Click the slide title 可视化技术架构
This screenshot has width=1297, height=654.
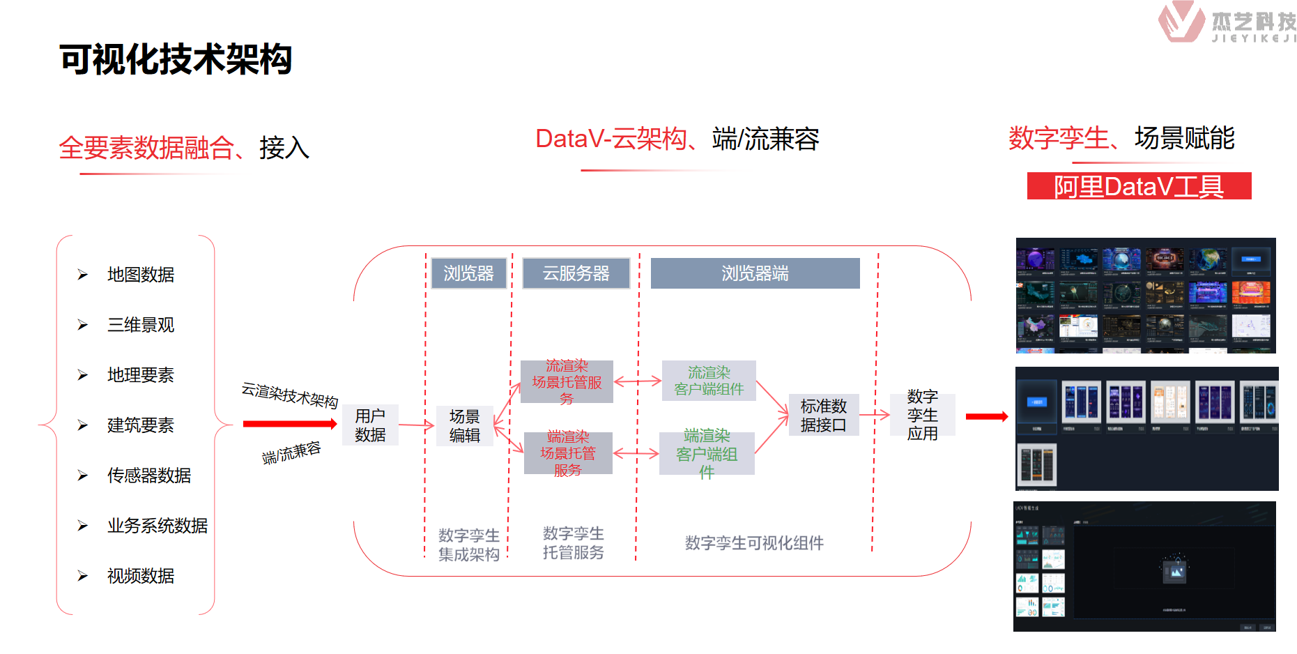[x=176, y=59]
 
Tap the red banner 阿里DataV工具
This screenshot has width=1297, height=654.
[x=1139, y=186]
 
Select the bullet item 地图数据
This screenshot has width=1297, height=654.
[x=140, y=275]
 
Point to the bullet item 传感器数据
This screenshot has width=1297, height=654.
[x=148, y=476]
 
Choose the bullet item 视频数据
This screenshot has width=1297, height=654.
[x=140, y=576]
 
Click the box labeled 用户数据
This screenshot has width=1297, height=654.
[x=370, y=425]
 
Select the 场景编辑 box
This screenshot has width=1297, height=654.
[x=465, y=425]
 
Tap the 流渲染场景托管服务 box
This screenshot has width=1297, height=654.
[x=567, y=381]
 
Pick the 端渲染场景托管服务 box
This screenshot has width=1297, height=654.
[x=568, y=453]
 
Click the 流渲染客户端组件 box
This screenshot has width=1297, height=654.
[x=709, y=381]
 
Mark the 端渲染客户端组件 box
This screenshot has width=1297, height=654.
[x=707, y=453]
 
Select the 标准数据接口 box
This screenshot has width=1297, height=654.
[x=823, y=415]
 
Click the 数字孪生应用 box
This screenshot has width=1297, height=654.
[x=922, y=415]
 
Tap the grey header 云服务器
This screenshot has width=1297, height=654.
[x=576, y=273]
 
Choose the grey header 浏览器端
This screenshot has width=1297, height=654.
[x=755, y=273]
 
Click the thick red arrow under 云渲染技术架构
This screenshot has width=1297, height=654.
[x=289, y=423]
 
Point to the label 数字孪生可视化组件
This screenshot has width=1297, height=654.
[x=754, y=542]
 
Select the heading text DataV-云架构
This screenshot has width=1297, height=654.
[x=611, y=139]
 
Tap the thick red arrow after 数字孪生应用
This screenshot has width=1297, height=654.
[x=987, y=416]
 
